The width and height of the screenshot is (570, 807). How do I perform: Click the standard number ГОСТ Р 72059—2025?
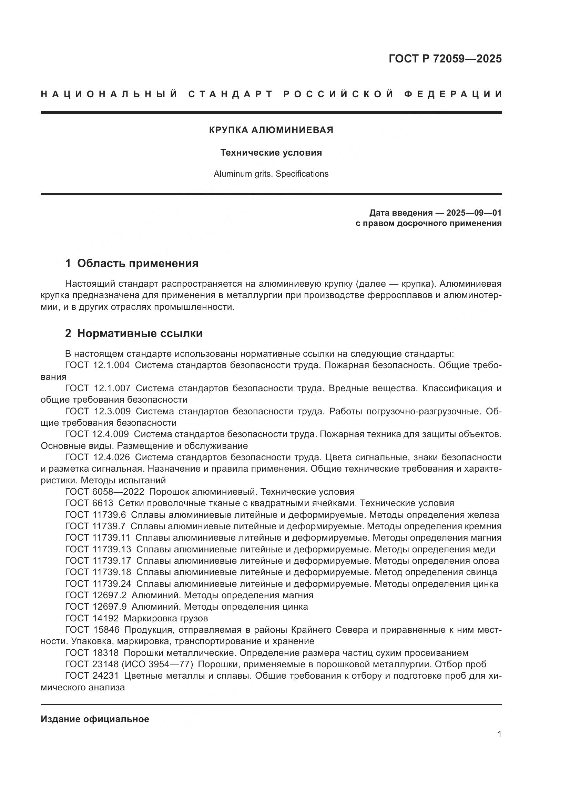pyautogui.click(x=445, y=59)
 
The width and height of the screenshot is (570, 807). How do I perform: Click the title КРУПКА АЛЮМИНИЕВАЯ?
pyautogui.click(x=271, y=130)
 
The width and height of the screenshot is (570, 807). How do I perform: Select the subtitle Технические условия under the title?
pyautogui.click(x=271, y=152)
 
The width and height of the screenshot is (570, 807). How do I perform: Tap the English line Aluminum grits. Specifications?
pyautogui.click(x=271, y=174)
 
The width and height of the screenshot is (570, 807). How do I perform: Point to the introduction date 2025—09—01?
pyautogui.click(x=474, y=213)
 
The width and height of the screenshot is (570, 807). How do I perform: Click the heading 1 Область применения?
pyautogui.click(x=132, y=263)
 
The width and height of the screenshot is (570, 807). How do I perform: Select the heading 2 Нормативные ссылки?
pyautogui.click(x=134, y=333)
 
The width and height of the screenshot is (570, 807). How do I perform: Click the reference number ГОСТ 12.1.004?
pyautogui.click(x=97, y=365)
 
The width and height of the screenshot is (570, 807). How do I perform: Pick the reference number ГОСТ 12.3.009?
pyautogui.click(x=98, y=411)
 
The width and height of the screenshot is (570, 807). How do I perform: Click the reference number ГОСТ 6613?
pyautogui.click(x=89, y=503)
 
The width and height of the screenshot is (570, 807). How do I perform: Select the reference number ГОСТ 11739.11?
pyautogui.click(x=98, y=538)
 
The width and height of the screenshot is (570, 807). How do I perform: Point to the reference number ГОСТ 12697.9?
pyautogui.click(x=96, y=606)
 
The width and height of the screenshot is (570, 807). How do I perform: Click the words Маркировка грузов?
pyautogui.click(x=166, y=618)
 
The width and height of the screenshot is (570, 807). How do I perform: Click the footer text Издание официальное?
pyautogui.click(x=95, y=719)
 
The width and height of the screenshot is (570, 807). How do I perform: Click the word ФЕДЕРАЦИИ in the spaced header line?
pyautogui.click(x=453, y=94)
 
